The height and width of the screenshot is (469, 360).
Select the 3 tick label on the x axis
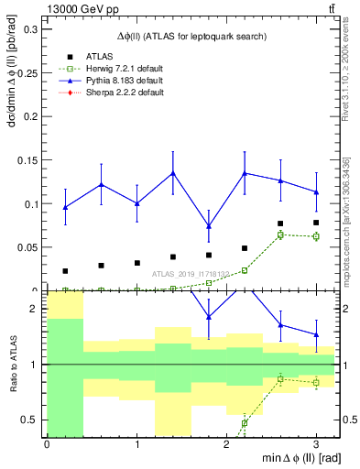click(x=316, y=443)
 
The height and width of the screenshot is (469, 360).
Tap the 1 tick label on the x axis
click(x=136, y=443)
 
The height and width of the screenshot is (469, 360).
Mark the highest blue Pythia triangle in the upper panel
click(x=172, y=173)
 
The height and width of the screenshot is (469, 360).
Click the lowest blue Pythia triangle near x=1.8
click(x=209, y=226)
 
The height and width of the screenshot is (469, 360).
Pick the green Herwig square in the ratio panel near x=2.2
click(x=245, y=422)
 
